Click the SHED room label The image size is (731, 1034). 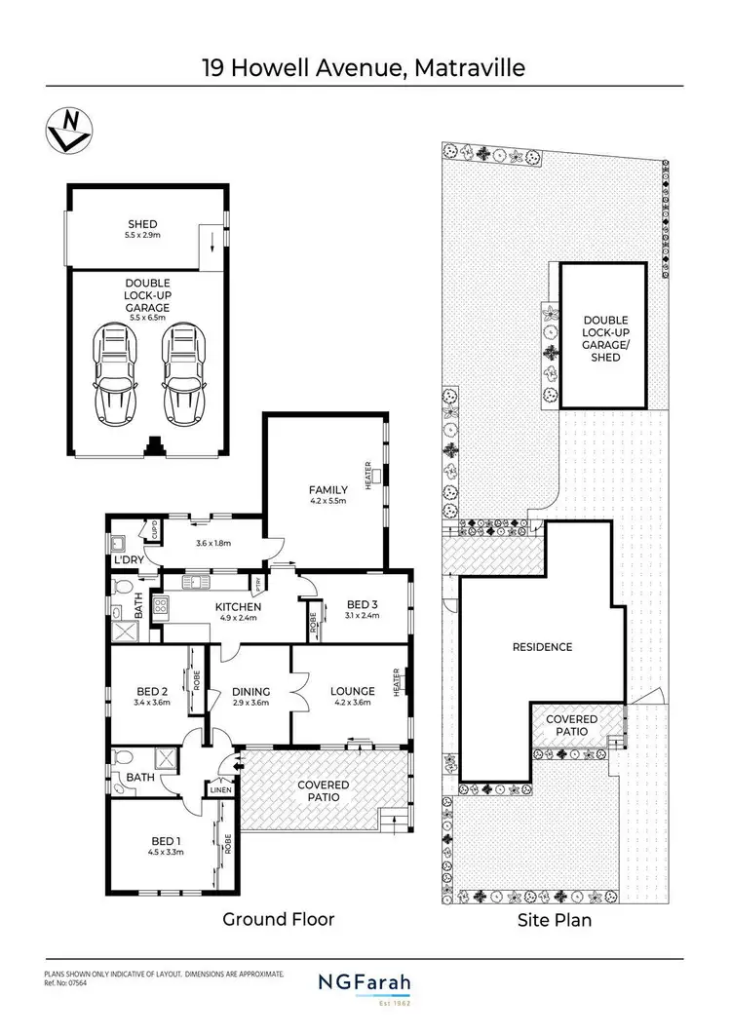pos(142,225)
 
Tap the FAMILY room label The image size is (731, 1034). pos(328,489)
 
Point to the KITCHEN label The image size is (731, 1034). pos(234,606)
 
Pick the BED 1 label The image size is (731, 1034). pos(165,841)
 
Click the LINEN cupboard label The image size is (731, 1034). pos(221,789)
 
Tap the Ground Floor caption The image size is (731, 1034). pos(279,919)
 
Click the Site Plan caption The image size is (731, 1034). pos(555,919)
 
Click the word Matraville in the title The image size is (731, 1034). pos(470,68)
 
